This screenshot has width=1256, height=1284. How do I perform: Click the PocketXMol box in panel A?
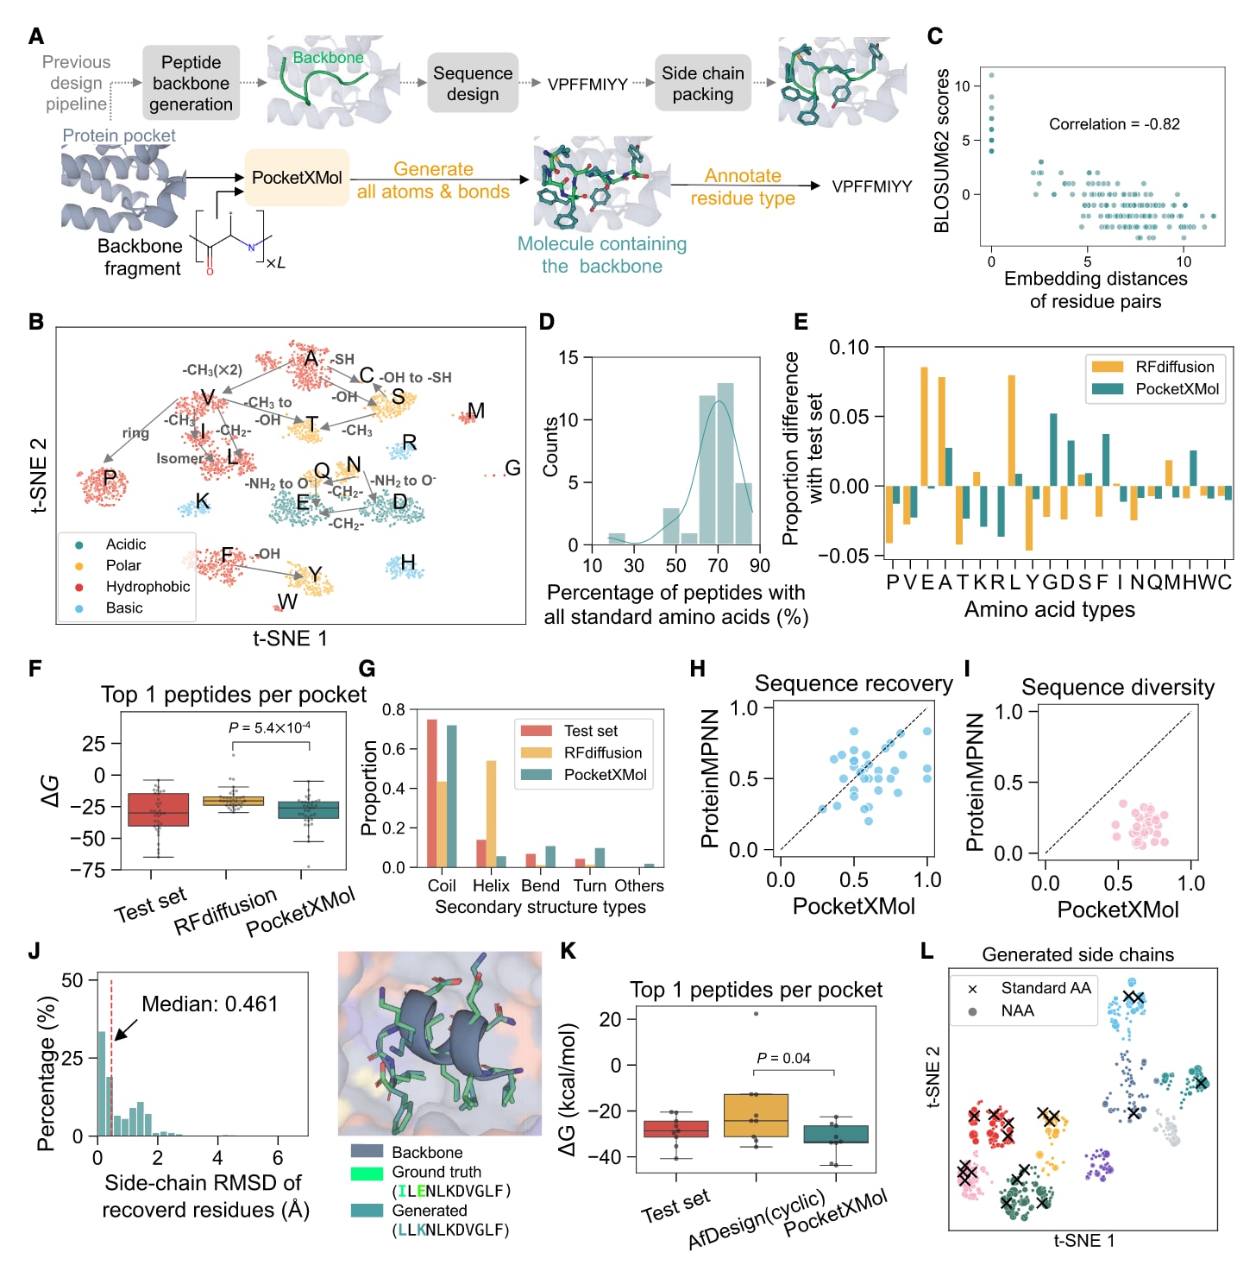click(296, 178)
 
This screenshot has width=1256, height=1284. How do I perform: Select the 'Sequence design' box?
click(473, 84)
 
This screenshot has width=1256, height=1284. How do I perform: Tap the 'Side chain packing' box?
click(702, 84)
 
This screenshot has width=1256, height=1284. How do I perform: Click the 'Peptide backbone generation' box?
click(191, 83)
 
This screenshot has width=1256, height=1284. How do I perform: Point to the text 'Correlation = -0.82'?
click(1114, 124)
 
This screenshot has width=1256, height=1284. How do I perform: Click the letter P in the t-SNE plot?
click(110, 478)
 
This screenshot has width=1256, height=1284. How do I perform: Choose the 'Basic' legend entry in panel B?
click(124, 608)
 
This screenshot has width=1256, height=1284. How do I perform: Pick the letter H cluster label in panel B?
click(408, 563)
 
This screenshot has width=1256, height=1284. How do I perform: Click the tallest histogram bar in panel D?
click(725, 463)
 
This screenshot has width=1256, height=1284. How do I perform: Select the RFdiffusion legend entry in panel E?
click(1174, 367)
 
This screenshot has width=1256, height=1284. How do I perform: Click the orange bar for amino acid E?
click(924, 426)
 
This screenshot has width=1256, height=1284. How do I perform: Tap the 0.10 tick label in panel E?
click(849, 347)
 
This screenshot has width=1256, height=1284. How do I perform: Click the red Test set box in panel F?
click(158, 809)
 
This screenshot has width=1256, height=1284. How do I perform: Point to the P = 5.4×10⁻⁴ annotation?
click(269, 728)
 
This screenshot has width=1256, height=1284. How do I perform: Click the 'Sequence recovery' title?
click(853, 683)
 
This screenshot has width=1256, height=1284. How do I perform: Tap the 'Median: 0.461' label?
click(210, 1004)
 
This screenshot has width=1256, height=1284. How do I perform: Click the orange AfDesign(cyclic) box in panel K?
click(756, 1115)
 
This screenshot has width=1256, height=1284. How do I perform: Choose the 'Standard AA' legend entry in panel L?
click(1046, 988)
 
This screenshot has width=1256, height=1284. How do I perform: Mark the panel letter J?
click(35, 951)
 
